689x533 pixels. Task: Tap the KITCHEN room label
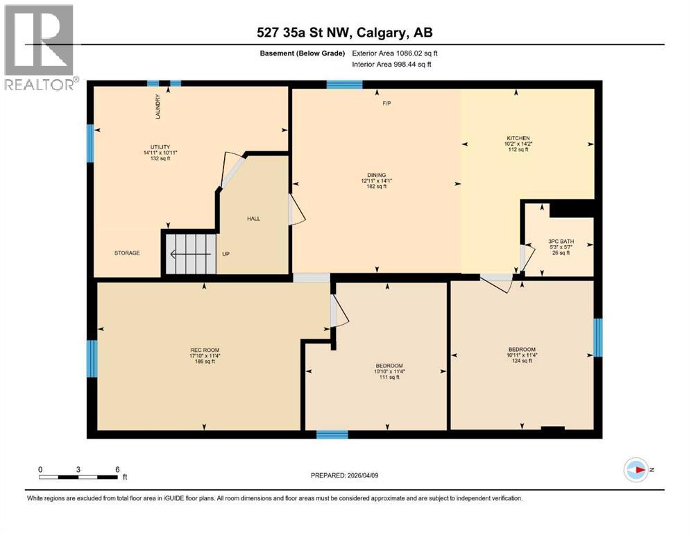point(518,138)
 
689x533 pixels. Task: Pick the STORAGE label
point(127,253)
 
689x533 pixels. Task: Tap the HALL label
point(253,218)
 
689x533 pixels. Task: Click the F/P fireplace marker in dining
point(386,103)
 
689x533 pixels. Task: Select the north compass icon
point(636,470)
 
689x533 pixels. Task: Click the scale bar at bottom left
point(78,477)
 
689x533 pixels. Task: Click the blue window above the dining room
point(344,85)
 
